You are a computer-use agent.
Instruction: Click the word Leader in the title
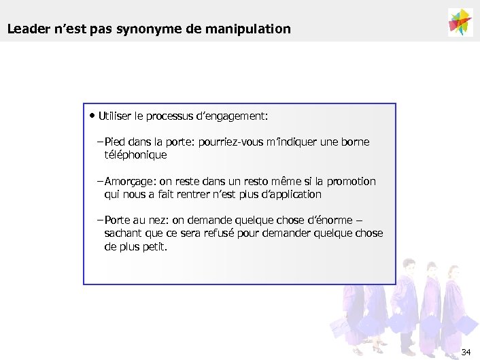(25, 29)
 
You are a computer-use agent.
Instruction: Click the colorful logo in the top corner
(460, 22)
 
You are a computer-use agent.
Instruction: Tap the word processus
(170, 116)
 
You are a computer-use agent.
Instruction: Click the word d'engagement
(233, 116)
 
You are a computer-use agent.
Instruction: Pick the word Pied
(115, 142)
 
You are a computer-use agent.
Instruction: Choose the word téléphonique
(135, 154)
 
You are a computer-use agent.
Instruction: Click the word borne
(356, 142)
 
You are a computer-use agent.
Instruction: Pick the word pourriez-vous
(231, 142)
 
